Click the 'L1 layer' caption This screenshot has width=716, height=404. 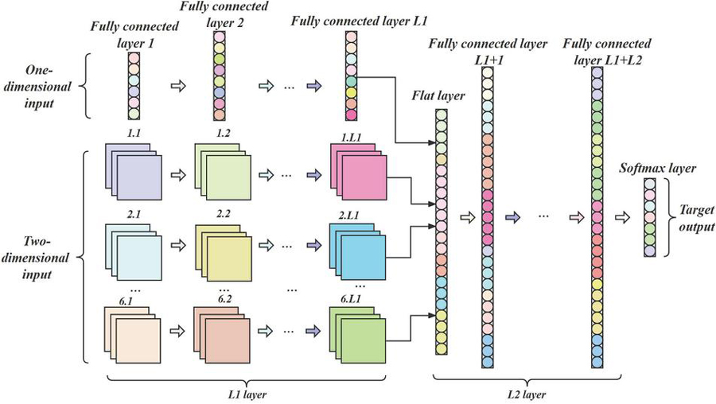(247, 392)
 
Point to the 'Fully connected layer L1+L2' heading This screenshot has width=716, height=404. (607, 50)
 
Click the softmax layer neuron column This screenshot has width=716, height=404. (650, 217)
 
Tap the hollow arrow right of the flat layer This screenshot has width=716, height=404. (466, 216)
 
